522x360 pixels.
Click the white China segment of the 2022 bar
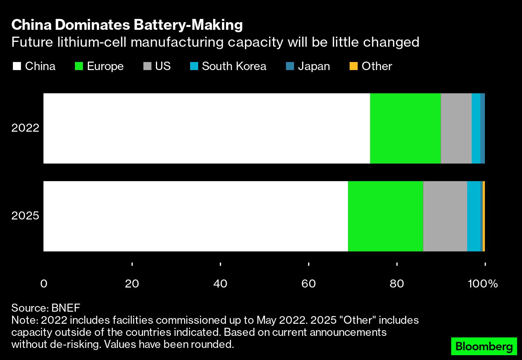(206, 128)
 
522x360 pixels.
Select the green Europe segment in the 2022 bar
(405, 128)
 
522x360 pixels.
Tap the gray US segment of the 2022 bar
(456, 128)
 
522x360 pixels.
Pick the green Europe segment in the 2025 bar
(385, 216)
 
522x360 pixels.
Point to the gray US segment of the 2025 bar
(445, 216)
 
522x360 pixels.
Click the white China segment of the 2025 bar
(195, 216)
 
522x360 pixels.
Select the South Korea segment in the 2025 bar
(474, 216)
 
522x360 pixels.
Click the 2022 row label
(25, 128)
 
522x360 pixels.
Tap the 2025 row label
(25, 216)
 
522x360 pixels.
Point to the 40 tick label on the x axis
(220, 283)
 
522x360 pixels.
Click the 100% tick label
(483, 283)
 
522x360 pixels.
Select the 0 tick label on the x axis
(43, 283)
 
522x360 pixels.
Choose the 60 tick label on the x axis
(309, 283)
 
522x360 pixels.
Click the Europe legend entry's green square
(79, 66)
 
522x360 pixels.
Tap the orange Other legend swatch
(353, 66)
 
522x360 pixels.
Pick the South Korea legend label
(234, 66)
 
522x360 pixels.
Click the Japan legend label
(314, 66)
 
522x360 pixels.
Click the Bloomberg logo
(484, 346)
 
